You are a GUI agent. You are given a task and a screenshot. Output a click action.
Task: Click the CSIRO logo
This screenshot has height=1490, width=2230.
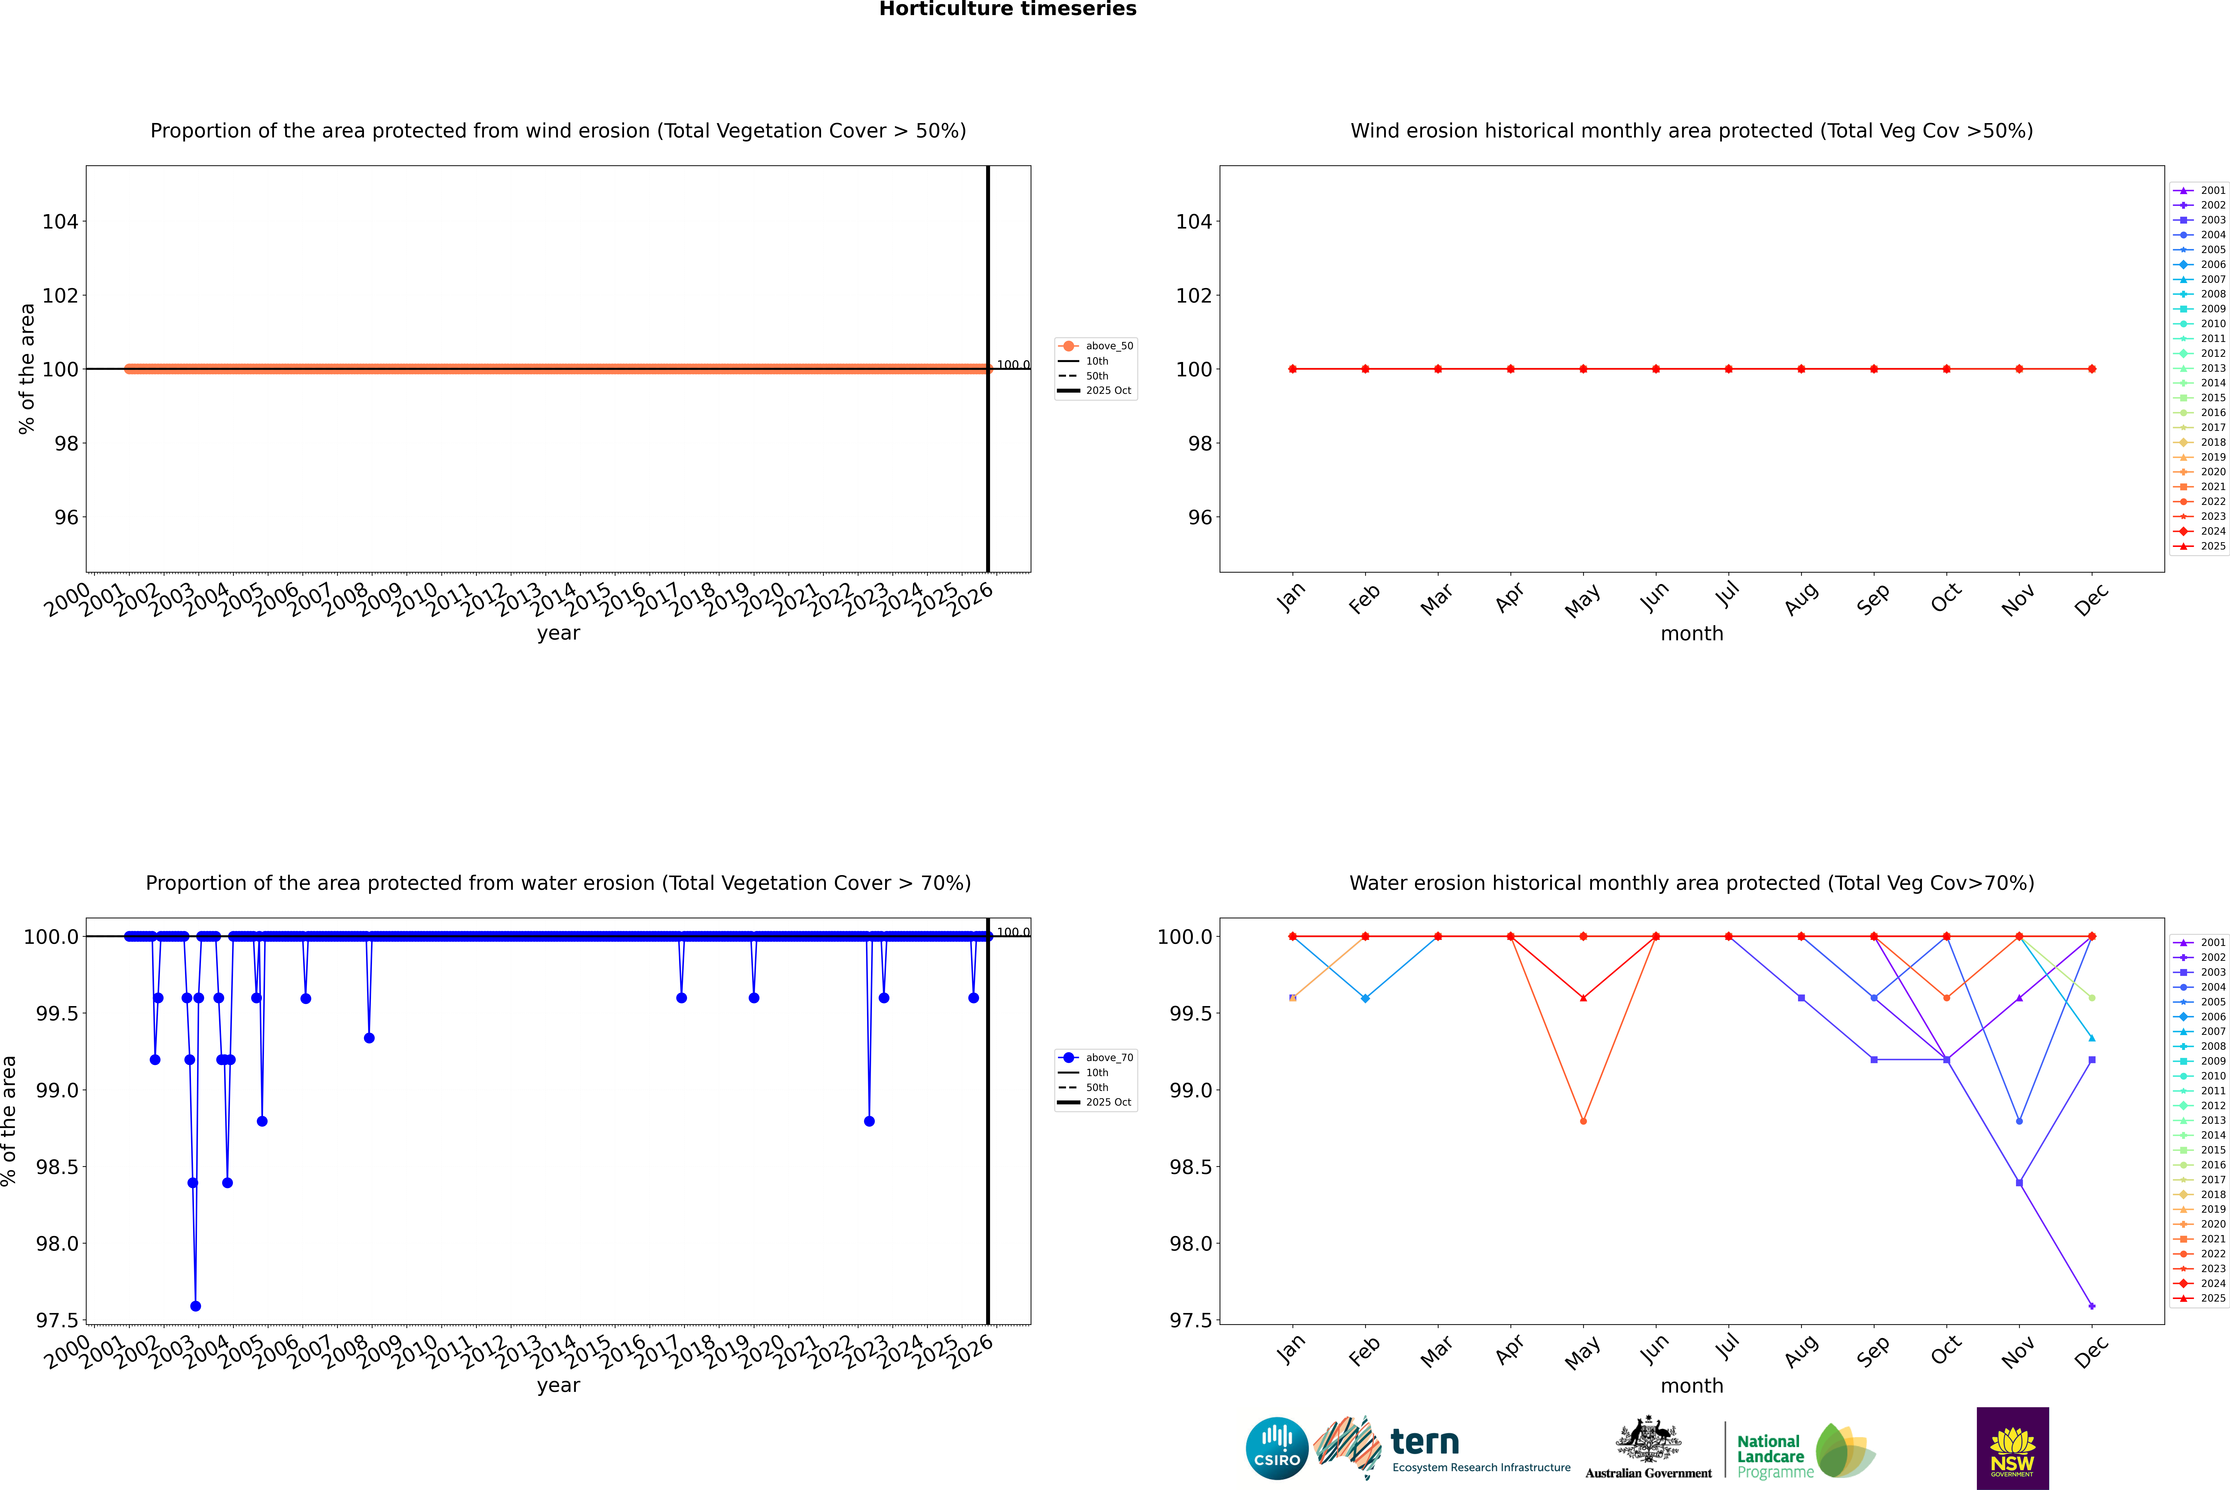click(x=1277, y=1448)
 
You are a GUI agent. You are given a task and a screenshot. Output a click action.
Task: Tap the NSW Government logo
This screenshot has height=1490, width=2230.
click(x=2012, y=1448)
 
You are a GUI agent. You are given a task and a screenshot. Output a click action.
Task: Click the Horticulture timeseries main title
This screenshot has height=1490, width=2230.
click(x=1008, y=9)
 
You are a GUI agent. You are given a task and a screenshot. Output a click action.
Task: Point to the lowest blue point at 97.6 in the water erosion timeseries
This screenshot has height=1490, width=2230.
click(x=196, y=1306)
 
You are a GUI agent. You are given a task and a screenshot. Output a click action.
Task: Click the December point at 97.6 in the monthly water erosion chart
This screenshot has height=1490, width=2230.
click(x=2091, y=1306)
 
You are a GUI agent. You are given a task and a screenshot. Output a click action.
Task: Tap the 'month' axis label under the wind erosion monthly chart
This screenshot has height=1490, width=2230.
click(x=1691, y=634)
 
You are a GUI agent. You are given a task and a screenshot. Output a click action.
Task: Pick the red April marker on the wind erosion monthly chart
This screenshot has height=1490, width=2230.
click(x=1510, y=369)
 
